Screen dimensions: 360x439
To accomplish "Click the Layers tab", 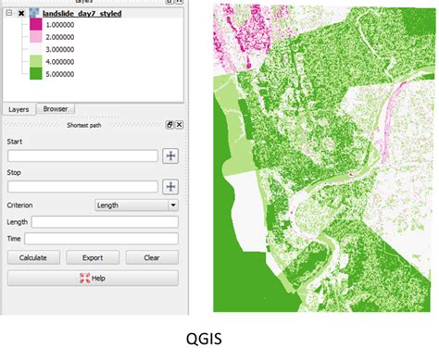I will click(x=19, y=108).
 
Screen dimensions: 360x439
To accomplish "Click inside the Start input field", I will click(x=82, y=155).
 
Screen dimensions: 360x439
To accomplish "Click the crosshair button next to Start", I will click(x=170, y=155).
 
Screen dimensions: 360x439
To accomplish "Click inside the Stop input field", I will click(x=82, y=187).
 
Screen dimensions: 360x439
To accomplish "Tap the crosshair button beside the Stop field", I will click(x=170, y=187).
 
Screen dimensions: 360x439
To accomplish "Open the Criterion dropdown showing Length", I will click(x=137, y=205).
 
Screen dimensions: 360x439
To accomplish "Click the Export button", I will click(x=93, y=257).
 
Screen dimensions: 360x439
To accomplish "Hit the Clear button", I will click(x=152, y=257).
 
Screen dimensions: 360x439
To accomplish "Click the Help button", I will click(x=93, y=278).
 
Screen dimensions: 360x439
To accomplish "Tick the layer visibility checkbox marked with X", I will click(x=21, y=15).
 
